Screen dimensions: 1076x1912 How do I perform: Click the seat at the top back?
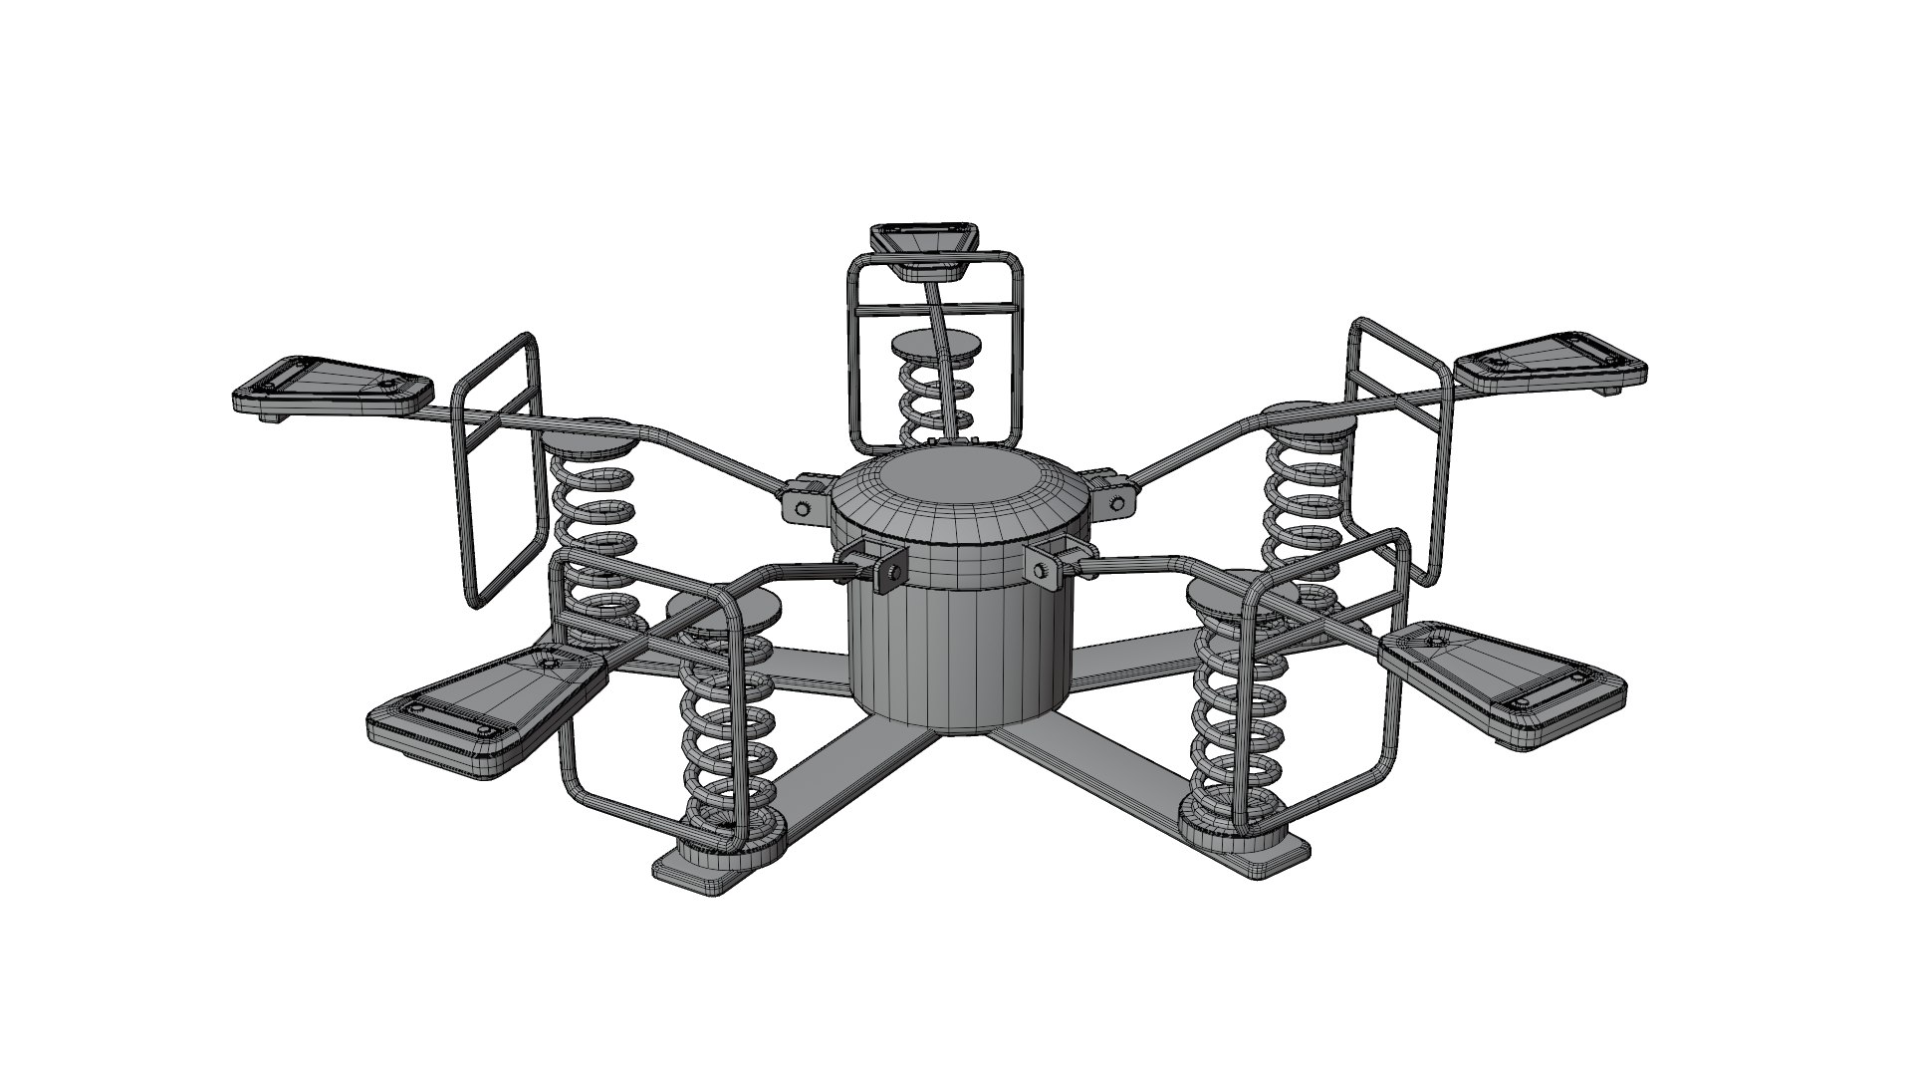click(x=924, y=241)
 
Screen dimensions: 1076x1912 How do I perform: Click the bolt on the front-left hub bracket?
click(x=892, y=571)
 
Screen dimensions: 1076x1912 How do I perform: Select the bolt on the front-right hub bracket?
click(x=1040, y=569)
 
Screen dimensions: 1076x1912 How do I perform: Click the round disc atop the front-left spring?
click(x=722, y=607)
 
